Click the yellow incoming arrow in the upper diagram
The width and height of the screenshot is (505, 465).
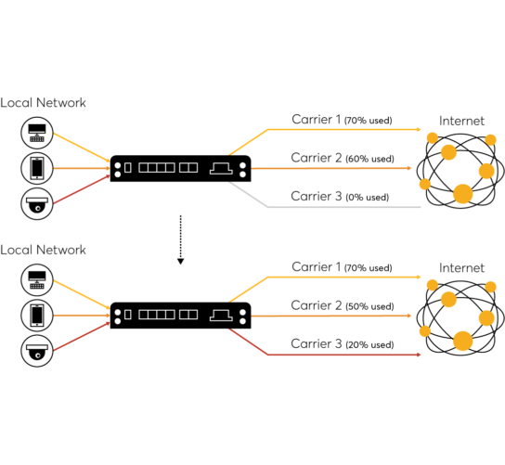point(81,147)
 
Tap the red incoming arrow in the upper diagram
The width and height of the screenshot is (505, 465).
point(81,189)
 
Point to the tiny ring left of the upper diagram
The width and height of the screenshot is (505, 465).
point(38,208)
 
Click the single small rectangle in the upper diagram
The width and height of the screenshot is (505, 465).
point(128,168)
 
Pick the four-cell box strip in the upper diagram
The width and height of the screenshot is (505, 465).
point(157,168)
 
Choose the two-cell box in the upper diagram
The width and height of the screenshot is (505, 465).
point(188,168)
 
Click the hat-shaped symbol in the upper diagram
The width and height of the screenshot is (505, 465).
point(221,168)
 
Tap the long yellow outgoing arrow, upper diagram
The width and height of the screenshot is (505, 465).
point(343,129)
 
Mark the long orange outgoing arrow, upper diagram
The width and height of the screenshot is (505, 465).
point(330,168)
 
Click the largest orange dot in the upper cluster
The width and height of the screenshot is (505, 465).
point(462,194)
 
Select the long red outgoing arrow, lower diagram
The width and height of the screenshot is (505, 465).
point(343,355)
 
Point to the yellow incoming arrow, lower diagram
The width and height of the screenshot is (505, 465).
point(81,293)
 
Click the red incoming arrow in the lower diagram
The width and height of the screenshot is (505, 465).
point(81,336)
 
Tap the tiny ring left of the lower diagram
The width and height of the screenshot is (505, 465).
point(38,355)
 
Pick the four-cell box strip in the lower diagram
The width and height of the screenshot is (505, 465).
point(157,315)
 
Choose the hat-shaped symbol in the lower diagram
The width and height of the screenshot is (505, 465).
point(221,316)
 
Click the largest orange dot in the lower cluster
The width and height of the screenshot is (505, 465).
point(462,341)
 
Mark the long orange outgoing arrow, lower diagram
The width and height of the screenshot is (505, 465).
point(330,316)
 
